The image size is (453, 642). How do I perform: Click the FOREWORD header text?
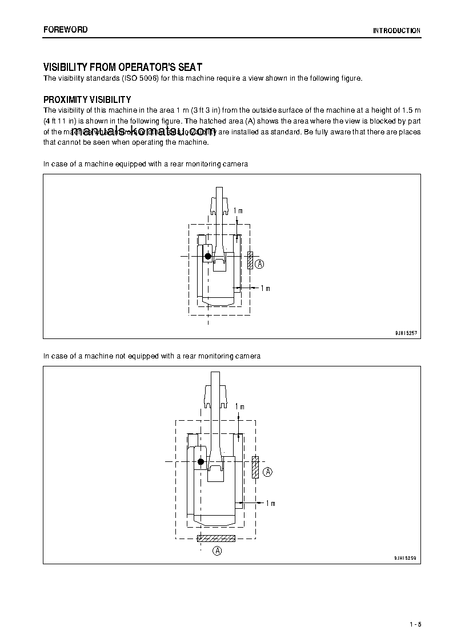[65, 30]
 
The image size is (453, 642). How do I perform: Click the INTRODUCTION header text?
[396, 31]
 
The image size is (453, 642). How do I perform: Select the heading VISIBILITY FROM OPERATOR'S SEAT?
[123, 67]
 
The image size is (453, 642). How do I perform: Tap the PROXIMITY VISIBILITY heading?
[87, 99]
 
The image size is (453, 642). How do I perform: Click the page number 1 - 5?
[415, 624]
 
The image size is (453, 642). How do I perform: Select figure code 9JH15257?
[406, 332]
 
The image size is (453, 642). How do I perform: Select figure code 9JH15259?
[406, 557]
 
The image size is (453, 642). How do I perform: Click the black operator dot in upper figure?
[208, 256]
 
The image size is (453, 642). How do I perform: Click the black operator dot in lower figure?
[201, 462]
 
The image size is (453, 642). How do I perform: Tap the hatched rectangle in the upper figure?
[250, 260]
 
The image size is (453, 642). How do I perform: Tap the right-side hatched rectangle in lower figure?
[255, 467]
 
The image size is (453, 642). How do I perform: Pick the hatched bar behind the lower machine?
[216, 538]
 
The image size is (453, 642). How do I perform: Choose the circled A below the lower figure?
[217, 551]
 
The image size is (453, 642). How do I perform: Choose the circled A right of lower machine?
[268, 472]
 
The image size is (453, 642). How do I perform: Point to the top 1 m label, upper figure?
[238, 211]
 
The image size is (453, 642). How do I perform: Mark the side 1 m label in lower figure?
[270, 503]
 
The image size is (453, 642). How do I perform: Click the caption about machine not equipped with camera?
[152, 356]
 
